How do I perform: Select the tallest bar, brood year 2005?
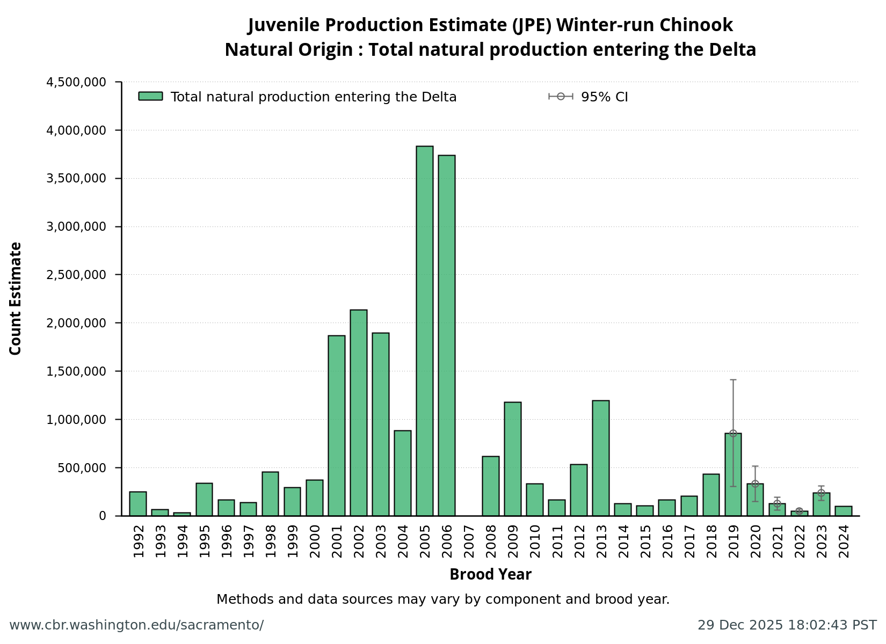click(424, 331)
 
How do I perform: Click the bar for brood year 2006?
click(446, 335)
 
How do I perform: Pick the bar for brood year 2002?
click(358, 413)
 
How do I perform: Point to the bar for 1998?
click(270, 494)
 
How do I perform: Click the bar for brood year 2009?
click(512, 459)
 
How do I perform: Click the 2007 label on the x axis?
click(469, 541)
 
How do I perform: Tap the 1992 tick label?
click(139, 541)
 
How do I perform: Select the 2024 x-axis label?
click(844, 541)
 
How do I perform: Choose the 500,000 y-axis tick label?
click(82, 467)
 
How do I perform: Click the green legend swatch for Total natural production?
click(150, 96)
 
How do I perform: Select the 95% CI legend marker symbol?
click(561, 97)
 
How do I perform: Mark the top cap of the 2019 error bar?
click(733, 380)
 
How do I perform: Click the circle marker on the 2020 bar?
click(755, 484)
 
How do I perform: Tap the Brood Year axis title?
click(490, 575)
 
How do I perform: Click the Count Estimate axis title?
click(16, 298)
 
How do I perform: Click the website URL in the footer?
click(136, 625)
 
